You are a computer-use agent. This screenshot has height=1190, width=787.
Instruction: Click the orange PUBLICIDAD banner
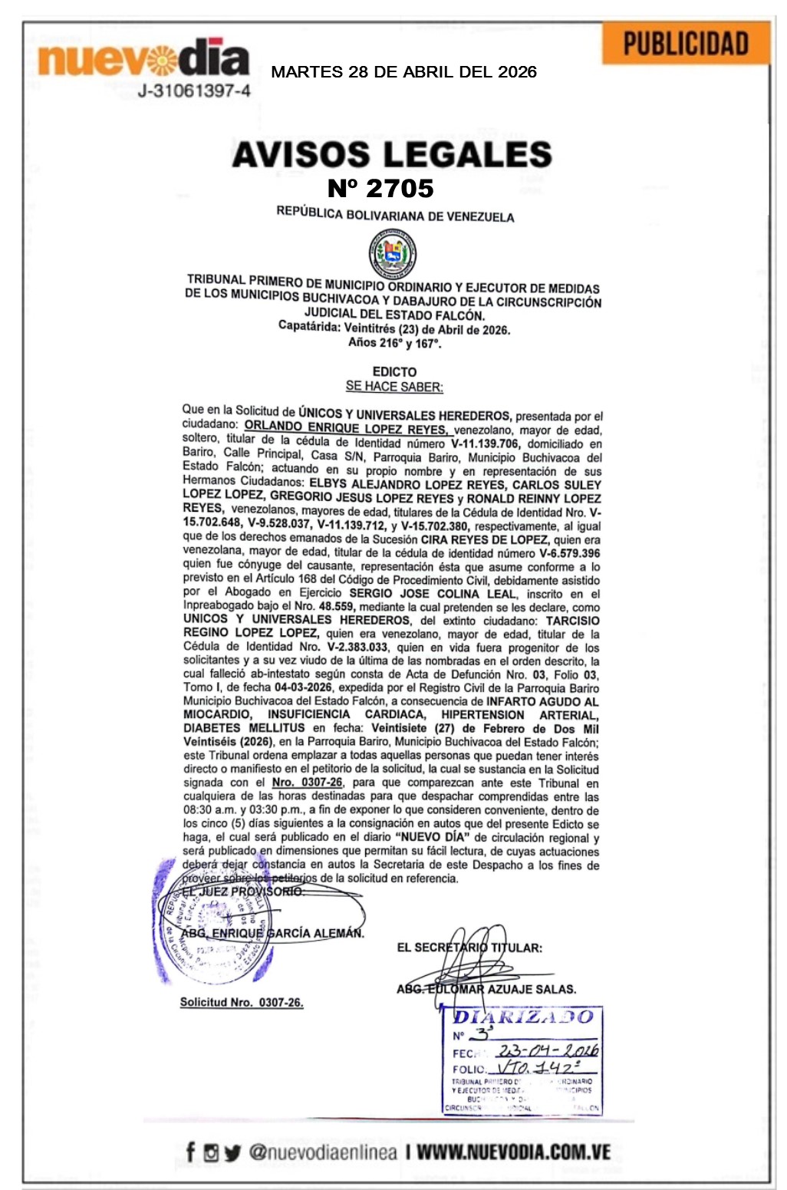[685, 45]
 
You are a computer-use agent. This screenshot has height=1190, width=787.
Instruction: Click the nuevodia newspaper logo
[143, 59]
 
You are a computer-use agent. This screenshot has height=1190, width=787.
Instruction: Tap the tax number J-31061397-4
[193, 91]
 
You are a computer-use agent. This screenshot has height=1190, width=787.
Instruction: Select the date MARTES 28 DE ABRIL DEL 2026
[403, 72]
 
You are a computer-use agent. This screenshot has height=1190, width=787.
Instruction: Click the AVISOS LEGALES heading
[392, 154]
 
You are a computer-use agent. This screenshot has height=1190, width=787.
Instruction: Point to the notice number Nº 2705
[380, 188]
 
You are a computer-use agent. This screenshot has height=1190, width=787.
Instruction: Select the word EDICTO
[394, 371]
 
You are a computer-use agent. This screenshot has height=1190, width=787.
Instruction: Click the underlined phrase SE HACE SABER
[394, 387]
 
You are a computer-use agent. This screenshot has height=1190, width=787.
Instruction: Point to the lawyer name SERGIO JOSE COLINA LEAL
[427, 593]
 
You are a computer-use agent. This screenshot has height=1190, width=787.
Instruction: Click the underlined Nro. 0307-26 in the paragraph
[307, 783]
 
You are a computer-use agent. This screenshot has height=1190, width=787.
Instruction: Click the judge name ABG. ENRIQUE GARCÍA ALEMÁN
[273, 934]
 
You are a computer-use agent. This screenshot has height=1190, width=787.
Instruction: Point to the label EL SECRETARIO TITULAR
[469, 948]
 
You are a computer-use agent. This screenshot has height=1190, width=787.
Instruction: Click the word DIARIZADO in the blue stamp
[523, 1017]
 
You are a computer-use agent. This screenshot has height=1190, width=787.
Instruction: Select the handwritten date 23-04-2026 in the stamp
[547, 1050]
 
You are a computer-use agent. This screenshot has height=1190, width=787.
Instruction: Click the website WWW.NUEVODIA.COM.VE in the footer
[513, 1152]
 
